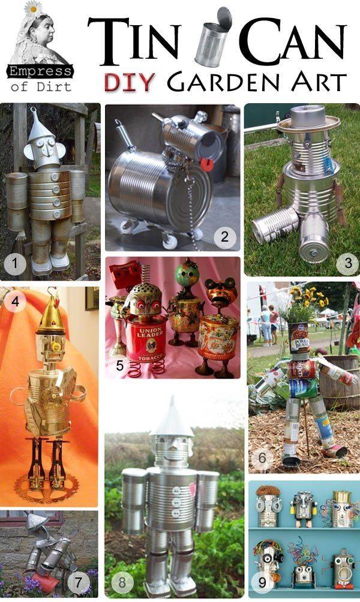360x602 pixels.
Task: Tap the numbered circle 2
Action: (224, 236)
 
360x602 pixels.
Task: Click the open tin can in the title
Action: (212, 37)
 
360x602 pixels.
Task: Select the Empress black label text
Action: (40, 72)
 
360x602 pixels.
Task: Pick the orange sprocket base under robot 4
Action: (48, 486)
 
